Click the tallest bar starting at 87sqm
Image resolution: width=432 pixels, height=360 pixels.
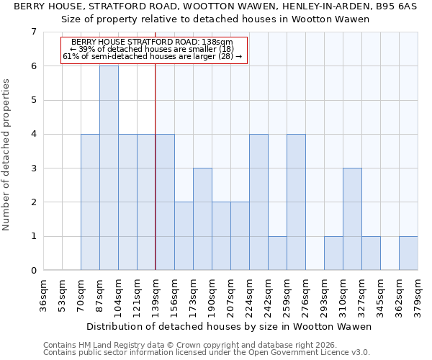click(x=109, y=168)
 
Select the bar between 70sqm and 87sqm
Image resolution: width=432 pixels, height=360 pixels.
click(x=90, y=202)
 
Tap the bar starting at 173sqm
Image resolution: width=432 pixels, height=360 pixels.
click(x=202, y=219)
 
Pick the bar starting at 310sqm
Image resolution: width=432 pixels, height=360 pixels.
click(x=352, y=219)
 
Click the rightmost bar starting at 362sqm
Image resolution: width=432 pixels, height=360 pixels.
click(x=408, y=253)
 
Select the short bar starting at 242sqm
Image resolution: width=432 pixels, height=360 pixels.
click(x=277, y=253)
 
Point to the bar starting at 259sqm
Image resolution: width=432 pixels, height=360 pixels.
click(x=296, y=202)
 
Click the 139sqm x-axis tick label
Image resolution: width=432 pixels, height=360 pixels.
click(x=156, y=297)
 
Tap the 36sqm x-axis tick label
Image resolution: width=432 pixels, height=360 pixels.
click(x=44, y=297)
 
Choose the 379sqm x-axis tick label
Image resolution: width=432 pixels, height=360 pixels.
click(x=418, y=297)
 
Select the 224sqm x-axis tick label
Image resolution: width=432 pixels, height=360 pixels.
click(x=250, y=297)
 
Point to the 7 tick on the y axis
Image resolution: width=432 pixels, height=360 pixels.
click(x=33, y=32)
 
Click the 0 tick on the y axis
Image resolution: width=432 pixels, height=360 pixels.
click(x=33, y=271)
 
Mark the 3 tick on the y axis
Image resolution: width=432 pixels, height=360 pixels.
click(x=33, y=168)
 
